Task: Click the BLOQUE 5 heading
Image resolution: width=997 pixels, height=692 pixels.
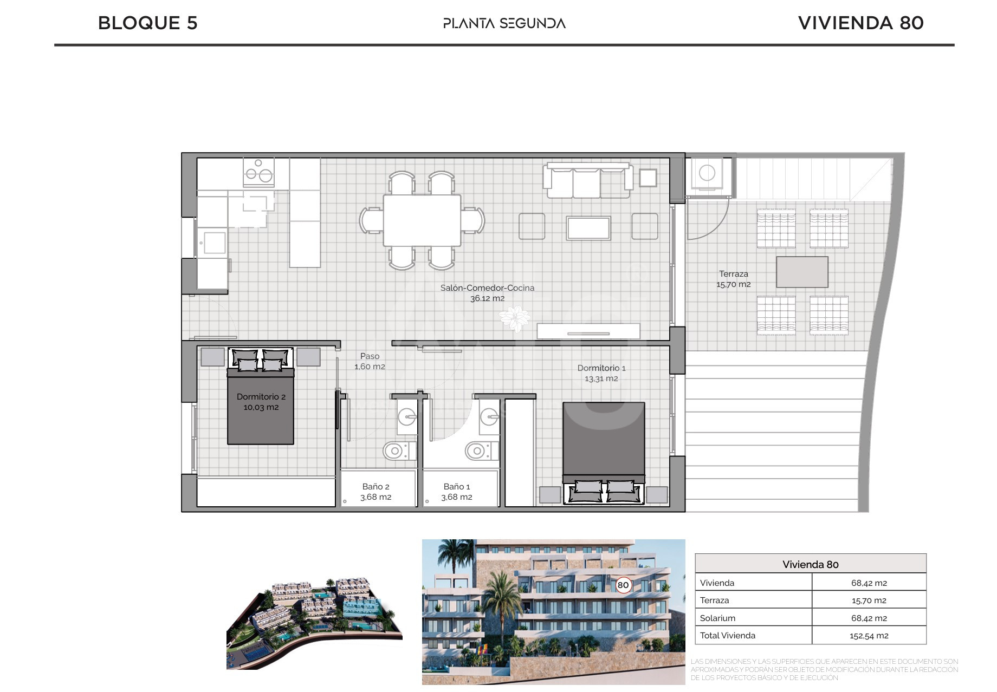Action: pos(147,23)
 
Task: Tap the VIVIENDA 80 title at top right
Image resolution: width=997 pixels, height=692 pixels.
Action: pos(860,23)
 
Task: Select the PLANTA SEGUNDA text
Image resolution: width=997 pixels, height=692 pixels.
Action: pos(504,23)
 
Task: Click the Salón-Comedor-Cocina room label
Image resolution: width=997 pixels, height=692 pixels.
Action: pos(487,293)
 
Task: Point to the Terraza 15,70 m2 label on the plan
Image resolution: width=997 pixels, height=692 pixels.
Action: pos(734,279)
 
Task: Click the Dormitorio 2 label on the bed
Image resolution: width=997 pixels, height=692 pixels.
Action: pos(261,402)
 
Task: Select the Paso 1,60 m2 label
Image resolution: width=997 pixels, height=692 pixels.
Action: pos(370,361)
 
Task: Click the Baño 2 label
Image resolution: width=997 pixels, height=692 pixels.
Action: pos(376,492)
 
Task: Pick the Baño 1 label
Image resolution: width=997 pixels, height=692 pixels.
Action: pos(456,492)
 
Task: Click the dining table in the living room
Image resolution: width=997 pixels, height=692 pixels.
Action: pos(422,220)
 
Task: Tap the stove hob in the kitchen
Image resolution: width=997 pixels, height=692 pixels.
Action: pos(258,172)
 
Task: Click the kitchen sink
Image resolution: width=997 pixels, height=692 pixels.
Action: pos(214,243)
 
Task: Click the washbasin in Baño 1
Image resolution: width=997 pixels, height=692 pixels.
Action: pos(489,417)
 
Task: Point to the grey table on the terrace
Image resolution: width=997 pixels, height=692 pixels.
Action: pos(802,272)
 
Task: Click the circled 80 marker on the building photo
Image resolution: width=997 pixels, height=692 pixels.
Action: pos(623,585)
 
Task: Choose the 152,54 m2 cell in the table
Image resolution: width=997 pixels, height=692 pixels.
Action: pos(869,636)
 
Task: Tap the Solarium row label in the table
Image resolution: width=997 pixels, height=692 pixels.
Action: pos(717,618)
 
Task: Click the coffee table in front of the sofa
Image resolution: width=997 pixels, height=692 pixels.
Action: pos(588,228)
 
